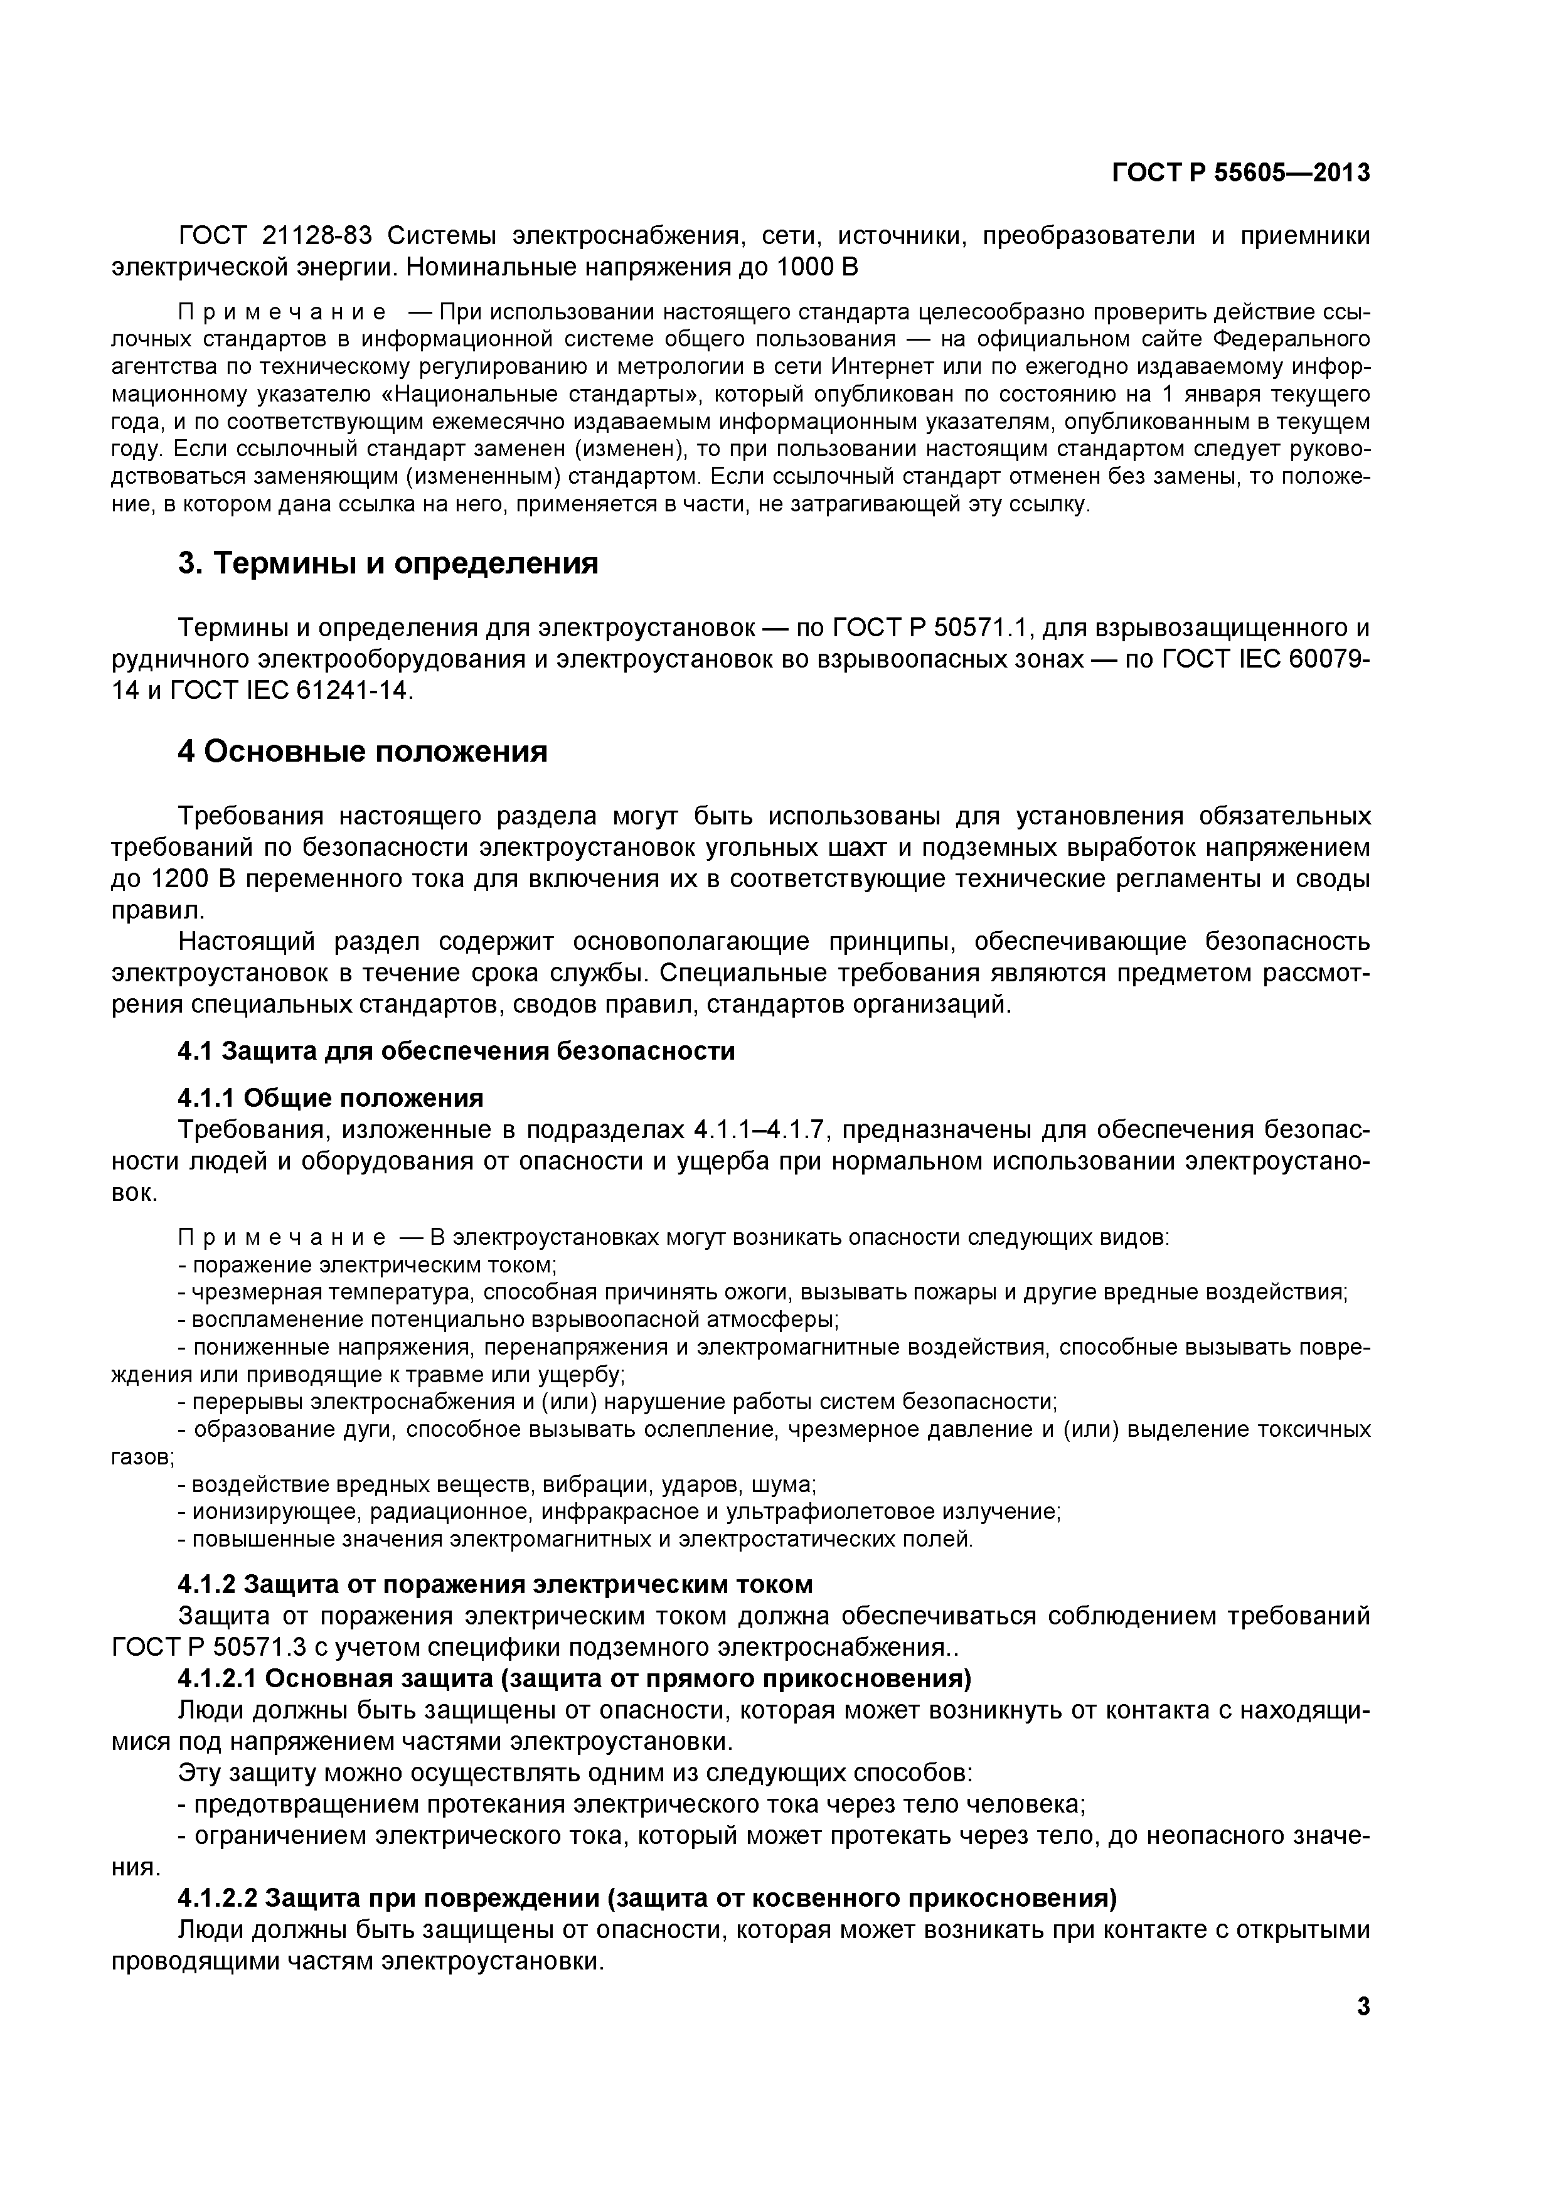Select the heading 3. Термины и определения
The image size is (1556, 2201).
[388, 563]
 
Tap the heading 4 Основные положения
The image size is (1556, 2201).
[363, 752]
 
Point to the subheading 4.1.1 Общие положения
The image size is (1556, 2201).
[331, 1097]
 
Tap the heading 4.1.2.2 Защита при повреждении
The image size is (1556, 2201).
[648, 1898]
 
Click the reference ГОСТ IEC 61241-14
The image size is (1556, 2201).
[289, 690]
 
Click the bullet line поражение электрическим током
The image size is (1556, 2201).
[368, 1266]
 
